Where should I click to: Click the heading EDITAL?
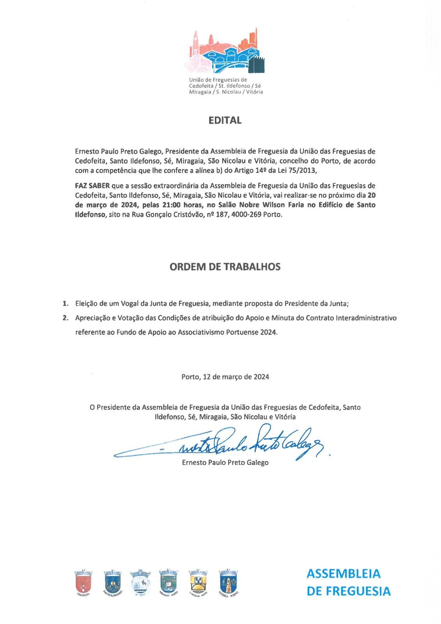tap(225, 121)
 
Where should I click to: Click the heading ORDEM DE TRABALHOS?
tap(225, 267)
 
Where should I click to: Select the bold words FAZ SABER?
tap(92, 186)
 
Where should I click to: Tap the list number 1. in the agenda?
tap(66, 303)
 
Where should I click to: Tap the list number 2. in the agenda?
tap(66, 318)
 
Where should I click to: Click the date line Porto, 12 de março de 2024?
tap(225, 377)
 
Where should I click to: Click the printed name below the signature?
tap(225, 463)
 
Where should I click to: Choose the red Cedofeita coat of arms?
tap(83, 582)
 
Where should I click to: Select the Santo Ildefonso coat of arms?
tap(112, 582)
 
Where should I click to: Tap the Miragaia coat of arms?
tap(168, 582)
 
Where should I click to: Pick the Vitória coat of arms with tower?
tap(228, 582)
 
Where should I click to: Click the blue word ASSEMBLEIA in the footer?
tap(343, 574)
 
